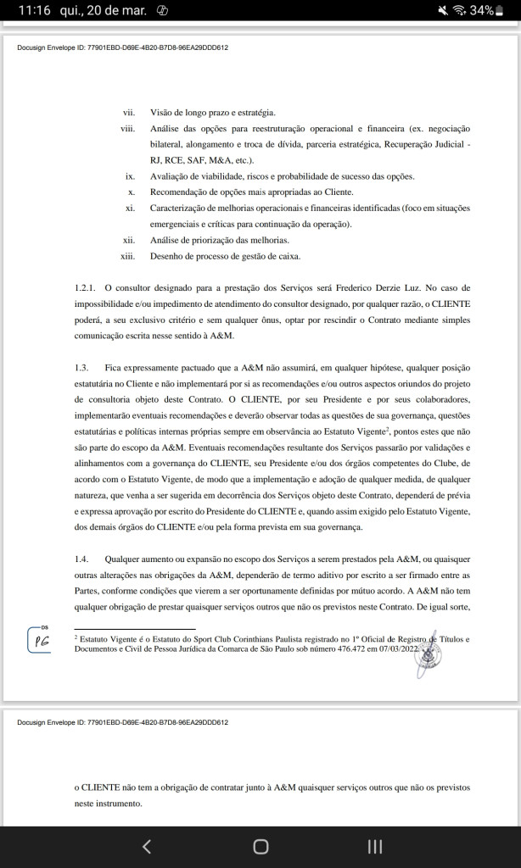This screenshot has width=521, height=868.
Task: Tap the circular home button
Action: [260, 846]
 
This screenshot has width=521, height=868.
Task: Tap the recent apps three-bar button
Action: [374, 846]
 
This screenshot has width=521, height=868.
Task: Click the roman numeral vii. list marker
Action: [129, 112]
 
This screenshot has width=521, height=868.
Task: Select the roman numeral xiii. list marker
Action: [127, 256]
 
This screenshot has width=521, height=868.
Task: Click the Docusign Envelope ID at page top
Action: [122, 47]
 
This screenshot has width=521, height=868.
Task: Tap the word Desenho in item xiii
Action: [166, 256]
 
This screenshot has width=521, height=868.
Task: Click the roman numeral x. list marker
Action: [132, 192]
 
